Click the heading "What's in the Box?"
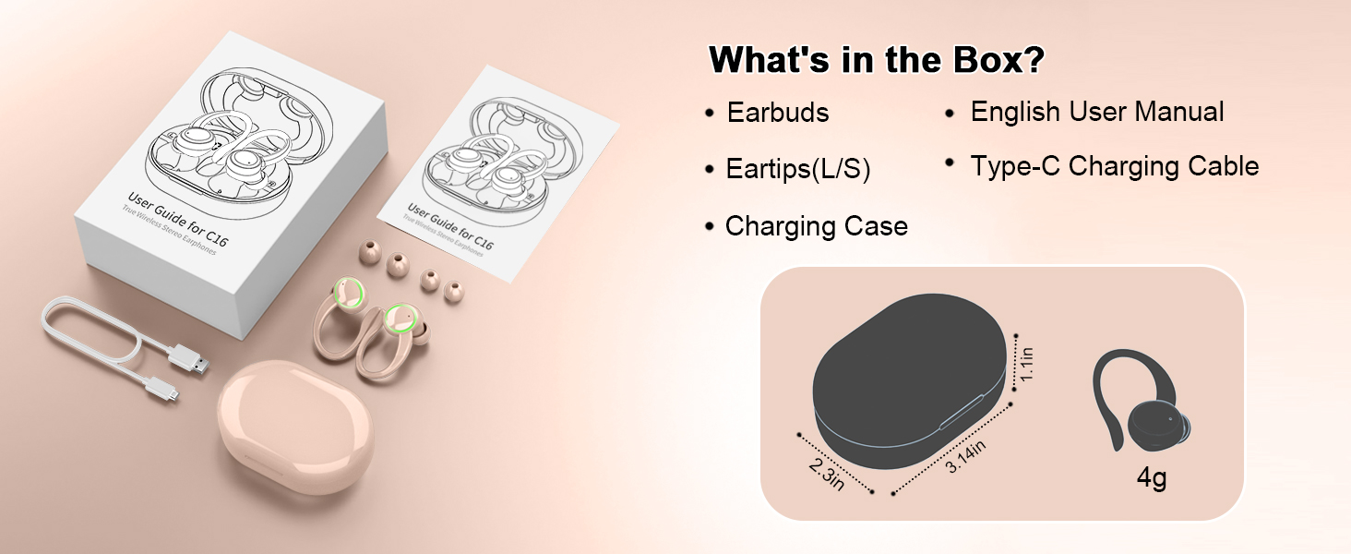pos(877,60)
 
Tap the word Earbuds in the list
pos(778,113)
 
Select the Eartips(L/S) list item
pos(798,169)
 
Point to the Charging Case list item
pos(816,226)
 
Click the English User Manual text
pos(1097,112)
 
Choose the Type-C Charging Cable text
pos(1114,166)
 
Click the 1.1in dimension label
pos(1026,365)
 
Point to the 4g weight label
pos(1153,480)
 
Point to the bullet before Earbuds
pos(709,114)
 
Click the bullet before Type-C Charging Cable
pos(949,163)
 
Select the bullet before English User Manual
pos(949,114)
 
